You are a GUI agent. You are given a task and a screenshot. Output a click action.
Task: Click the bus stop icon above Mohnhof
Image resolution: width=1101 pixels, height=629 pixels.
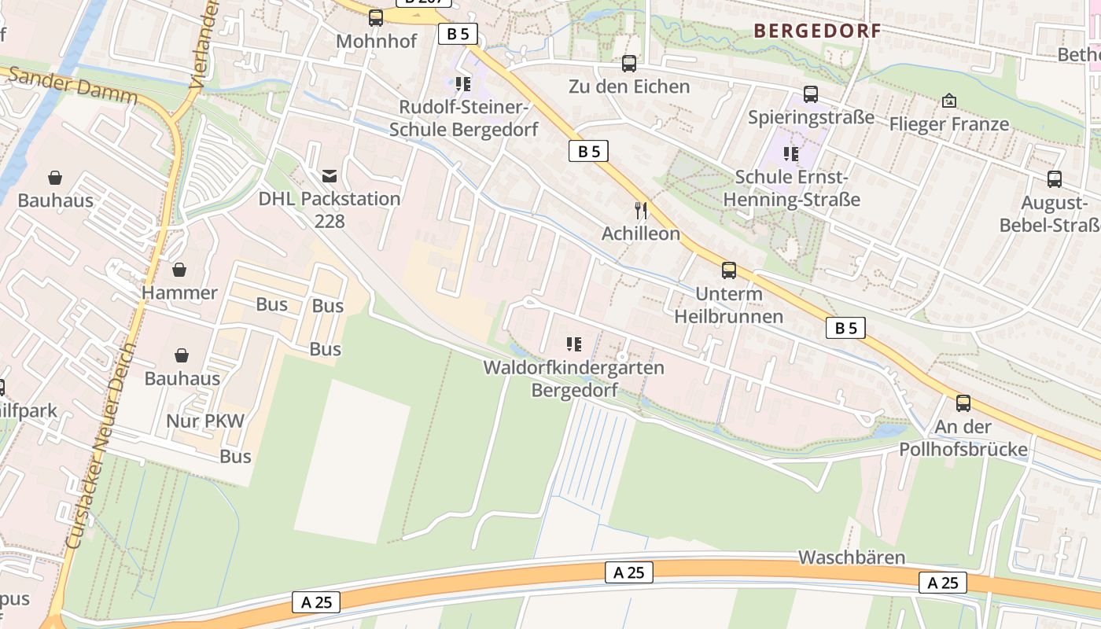pyautogui.click(x=376, y=17)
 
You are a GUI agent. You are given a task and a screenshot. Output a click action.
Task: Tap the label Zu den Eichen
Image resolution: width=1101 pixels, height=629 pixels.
pyautogui.click(x=629, y=86)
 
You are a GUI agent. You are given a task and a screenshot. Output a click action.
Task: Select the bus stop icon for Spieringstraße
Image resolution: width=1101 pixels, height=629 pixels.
pyautogui.click(x=811, y=94)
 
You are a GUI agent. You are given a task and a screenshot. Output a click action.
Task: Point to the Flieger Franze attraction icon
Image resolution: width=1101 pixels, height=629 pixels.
pyautogui.click(x=949, y=101)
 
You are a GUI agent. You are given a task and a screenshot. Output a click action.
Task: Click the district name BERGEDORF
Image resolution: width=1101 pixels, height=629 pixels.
pyautogui.click(x=817, y=31)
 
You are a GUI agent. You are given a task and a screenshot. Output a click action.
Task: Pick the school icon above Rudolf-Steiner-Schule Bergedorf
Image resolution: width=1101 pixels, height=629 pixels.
pyautogui.click(x=463, y=83)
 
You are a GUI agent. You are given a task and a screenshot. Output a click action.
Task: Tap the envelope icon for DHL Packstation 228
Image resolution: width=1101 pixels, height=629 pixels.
pyautogui.click(x=329, y=175)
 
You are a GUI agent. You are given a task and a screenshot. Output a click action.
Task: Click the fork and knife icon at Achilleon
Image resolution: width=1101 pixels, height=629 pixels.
pyautogui.click(x=641, y=210)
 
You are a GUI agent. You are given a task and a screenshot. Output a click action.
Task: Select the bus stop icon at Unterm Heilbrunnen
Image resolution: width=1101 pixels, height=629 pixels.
pyautogui.click(x=729, y=270)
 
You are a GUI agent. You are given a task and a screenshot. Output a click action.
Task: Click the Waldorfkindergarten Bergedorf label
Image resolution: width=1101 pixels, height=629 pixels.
pyautogui.click(x=573, y=378)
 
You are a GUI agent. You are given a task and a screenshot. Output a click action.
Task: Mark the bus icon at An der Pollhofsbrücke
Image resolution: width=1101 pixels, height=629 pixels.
pyautogui.click(x=963, y=403)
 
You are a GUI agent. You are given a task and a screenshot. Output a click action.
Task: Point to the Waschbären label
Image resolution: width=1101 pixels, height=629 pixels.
pyautogui.click(x=852, y=557)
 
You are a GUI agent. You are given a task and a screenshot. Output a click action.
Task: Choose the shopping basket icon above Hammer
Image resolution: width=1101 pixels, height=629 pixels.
pyautogui.click(x=179, y=270)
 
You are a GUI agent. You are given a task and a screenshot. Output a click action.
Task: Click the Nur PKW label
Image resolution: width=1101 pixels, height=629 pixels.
pyautogui.click(x=205, y=421)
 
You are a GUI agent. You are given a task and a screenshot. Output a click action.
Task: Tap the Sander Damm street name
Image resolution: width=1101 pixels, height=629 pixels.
pyautogui.click(x=75, y=86)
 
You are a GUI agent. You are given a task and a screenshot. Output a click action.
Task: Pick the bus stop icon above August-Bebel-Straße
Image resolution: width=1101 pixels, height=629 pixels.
pyautogui.click(x=1055, y=179)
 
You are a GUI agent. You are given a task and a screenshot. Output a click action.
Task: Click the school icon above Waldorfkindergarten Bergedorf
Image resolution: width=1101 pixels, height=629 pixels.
pyautogui.click(x=573, y=344)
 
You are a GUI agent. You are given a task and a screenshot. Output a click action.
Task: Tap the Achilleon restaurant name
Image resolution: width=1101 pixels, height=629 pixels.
pyautogui.click(x=641, y=234)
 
